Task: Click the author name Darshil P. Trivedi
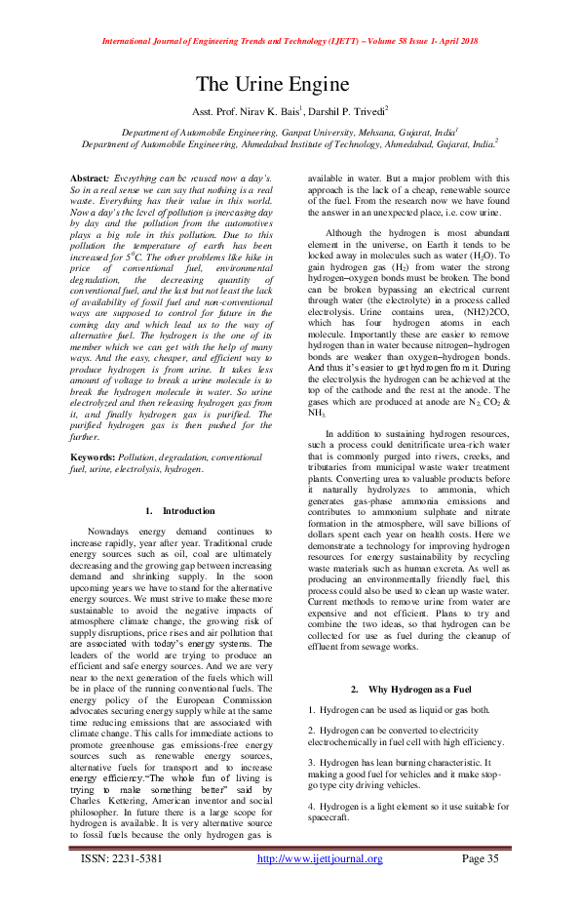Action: click(348, 112)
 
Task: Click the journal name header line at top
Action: click(289, 42)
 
